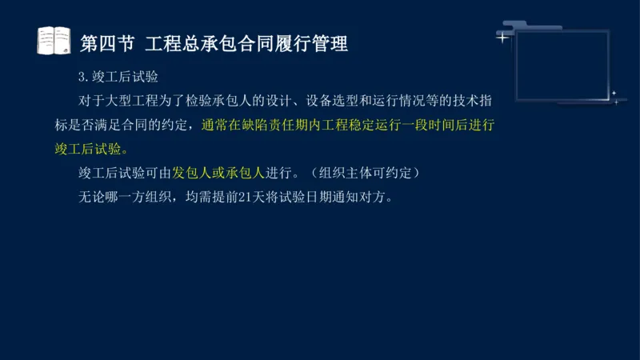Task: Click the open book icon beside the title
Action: [54, 40]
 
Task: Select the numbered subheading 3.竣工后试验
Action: [118, 78]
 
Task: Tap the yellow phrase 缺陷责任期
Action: [283, 126]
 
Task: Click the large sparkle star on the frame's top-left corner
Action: [502, 37]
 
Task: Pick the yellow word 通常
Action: [214, 126]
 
